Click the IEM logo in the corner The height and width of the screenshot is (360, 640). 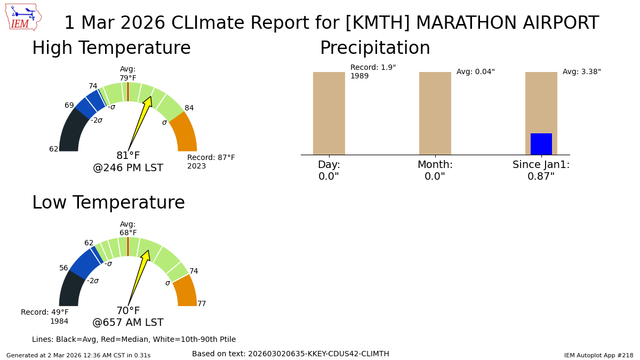tap(23, 17)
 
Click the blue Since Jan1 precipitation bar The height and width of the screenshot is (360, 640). tap(541, 144)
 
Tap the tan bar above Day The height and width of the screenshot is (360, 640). tap(329, 113)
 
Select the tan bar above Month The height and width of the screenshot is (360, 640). tap(435, 113)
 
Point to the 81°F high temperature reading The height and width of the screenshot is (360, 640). tap(128, 156)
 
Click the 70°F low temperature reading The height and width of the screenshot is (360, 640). tap(128, 311)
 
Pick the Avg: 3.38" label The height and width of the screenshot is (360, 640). tap(581, 72)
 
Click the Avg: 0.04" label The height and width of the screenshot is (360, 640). tap(475, 72)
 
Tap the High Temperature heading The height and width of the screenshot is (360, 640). tap(111, 49)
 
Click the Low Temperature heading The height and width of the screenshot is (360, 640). tap(108, 203)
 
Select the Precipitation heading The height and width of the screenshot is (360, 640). tap(375, 49)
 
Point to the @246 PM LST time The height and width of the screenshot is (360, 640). tap(128, 168)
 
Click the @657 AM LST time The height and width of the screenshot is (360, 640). tap(128, 323)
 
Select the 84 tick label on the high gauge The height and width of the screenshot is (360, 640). tap(189, 108)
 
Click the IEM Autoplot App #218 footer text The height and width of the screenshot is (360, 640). tap(598, 355)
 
